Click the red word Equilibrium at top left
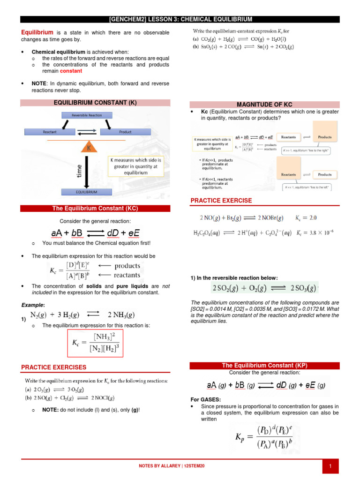pos(37,32)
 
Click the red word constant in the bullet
pos(71,71)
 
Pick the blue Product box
pos(125,132)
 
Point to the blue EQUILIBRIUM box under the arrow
pos(87,192)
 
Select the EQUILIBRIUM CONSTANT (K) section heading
pos(95,102)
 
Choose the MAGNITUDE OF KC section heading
pos(264,104)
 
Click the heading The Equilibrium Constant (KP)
pos(264,365)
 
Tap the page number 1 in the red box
pos(330,466)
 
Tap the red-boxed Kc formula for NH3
pos(96,342)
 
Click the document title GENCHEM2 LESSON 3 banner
pos(180,19)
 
